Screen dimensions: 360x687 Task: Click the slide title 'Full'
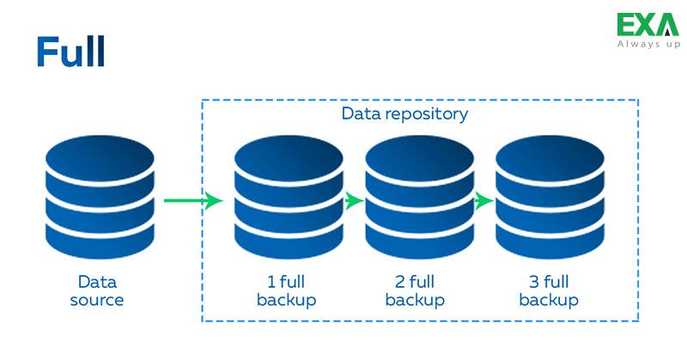coord(70,52)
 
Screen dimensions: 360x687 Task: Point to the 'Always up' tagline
coord(647,43)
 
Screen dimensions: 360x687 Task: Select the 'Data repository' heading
coord(404,113)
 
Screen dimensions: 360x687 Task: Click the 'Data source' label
coord(97,291)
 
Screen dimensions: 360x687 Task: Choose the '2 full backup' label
coord(416,291)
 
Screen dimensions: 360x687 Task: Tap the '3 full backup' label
coord(549,291)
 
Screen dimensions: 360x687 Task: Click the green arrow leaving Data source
coord(192,201)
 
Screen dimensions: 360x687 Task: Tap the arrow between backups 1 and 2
coord(353,201)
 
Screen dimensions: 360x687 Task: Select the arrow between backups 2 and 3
coord(484,201)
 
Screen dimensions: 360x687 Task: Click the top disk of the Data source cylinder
coord(99,159)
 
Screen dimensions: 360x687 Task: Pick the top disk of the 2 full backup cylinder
coord(418,159)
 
